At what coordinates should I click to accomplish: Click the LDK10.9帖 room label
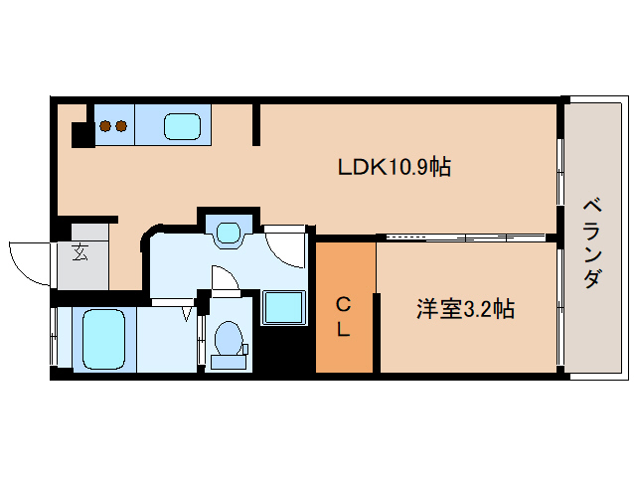point(395,167)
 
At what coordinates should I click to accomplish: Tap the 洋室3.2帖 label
point(464,310)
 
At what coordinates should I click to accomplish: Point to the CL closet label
point(342,316)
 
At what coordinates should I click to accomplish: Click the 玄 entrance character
point(79,251)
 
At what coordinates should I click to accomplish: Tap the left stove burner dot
point(103,126)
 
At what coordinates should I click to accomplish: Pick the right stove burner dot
point(120,126)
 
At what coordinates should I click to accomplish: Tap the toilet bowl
point(229,338)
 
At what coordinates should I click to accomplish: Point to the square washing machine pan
point(284,307)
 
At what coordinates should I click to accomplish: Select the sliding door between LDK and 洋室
point(462,238)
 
